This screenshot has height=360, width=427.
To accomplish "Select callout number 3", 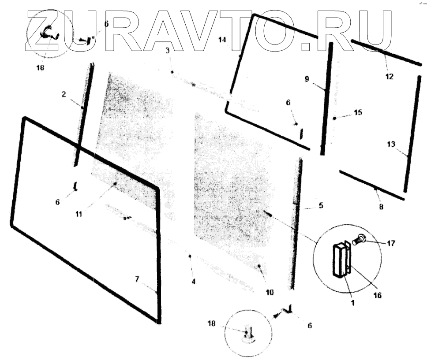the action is [x=168, y=51].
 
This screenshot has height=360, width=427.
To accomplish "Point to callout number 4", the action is [x=193, y=281].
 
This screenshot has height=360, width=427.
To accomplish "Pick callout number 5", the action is [x=321, y=205].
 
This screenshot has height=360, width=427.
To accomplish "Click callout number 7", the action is [x=137, y=279].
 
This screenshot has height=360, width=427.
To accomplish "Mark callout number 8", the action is [x=381, y=206].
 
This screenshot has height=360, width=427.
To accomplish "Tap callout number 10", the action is [x=270, y=292].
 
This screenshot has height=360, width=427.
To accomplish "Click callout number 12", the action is [x=389, y=76].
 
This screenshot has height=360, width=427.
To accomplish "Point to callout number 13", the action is [x=391, y=144].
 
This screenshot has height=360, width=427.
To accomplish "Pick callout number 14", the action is [x=222, y=40].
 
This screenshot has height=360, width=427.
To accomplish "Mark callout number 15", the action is [x=358, y=113].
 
